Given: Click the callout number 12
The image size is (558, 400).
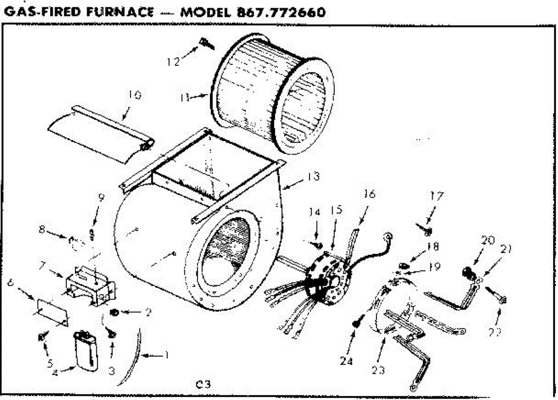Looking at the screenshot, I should tap(173, 61).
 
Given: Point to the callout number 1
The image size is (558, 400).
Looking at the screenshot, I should tap(163, 356).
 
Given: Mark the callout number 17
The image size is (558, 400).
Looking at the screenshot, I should tap(437, 197).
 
